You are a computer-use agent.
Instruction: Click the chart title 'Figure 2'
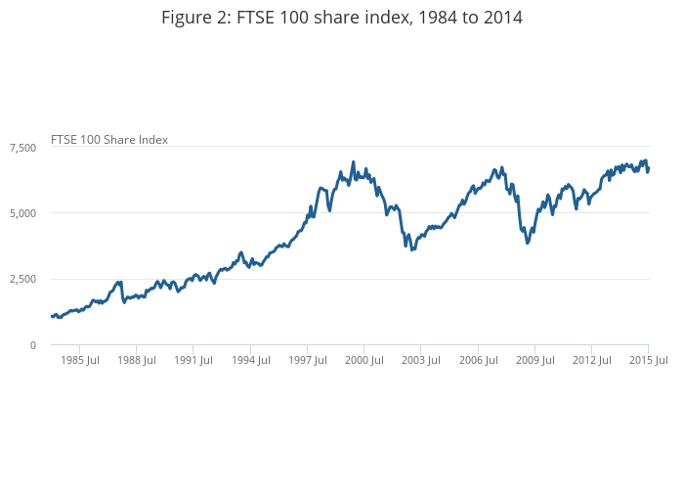point(341,17)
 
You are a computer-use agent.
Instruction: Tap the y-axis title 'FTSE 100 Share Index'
point(109,139)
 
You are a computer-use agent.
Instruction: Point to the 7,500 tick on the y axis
point(22,147)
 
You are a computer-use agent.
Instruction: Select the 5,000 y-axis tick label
point(22,213)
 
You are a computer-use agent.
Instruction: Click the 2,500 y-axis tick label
point(22,280)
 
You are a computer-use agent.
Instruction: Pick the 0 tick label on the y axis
point(32,345)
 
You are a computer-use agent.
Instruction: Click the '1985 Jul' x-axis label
point(79,360)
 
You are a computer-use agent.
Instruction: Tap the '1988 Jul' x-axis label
point(136,360)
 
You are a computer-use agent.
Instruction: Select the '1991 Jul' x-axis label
point(192,360)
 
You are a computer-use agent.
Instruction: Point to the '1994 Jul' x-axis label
point(250,360)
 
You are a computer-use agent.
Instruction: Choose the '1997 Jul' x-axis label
point(307,360)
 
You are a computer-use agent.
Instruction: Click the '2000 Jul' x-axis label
point(363,360)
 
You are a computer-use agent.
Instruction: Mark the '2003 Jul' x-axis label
point(420,360)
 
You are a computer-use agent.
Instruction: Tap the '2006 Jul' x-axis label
point(477,360)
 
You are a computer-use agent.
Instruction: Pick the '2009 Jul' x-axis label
point(534,360)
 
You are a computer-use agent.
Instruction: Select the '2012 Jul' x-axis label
point(591,360)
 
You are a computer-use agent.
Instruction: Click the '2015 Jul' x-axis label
point(648,360)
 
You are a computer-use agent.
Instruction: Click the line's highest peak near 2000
point(353,162)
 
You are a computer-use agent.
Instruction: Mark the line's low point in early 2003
point(412,249)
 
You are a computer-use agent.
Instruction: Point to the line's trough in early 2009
point(528,243)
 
